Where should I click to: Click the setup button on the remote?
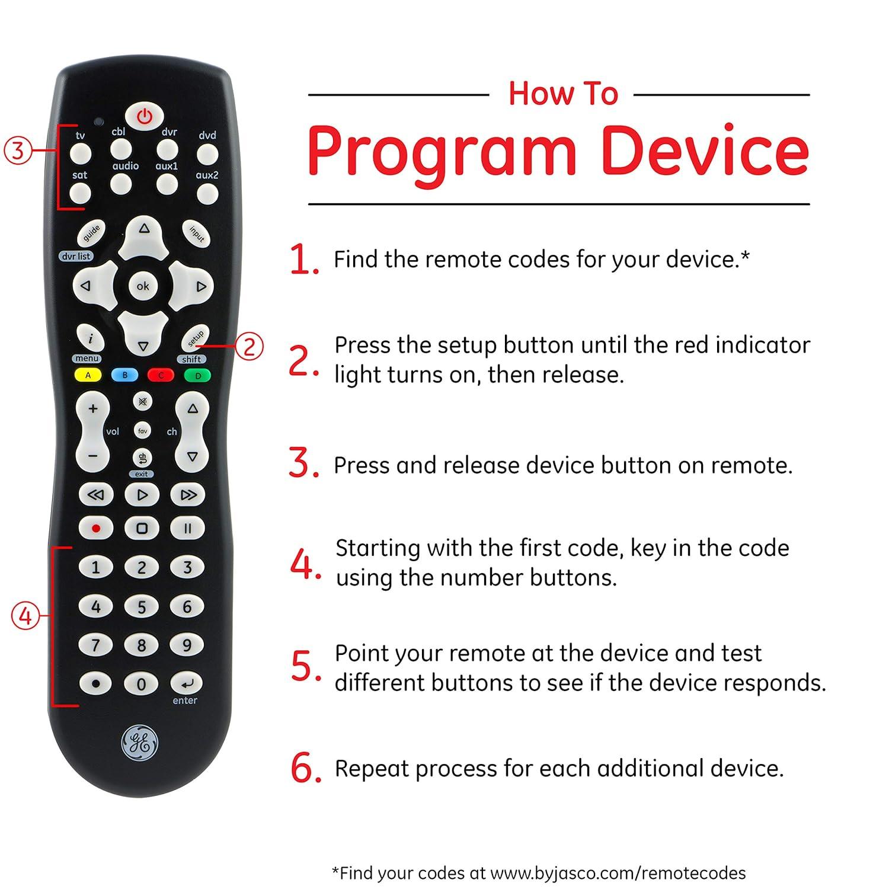[x=196, y=339]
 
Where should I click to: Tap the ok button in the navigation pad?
[x=143, y=286]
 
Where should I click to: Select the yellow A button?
[x=88, y=375]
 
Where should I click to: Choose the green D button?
[x=198, y=375]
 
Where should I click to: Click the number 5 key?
[x=141, y=606]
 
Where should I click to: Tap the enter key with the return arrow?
[x=187, y=684]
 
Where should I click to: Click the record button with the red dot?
[x=96, y=528]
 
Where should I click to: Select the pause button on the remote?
[x=188, y=528]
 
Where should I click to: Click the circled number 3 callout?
[x=18, y=151]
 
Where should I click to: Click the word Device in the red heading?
[x=705, y=151]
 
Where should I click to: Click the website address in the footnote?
[x=618, y=873]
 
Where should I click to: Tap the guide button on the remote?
[x=91, y=234]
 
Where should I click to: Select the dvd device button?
[x=207, y=155]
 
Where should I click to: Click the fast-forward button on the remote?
[x=188, y=494]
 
